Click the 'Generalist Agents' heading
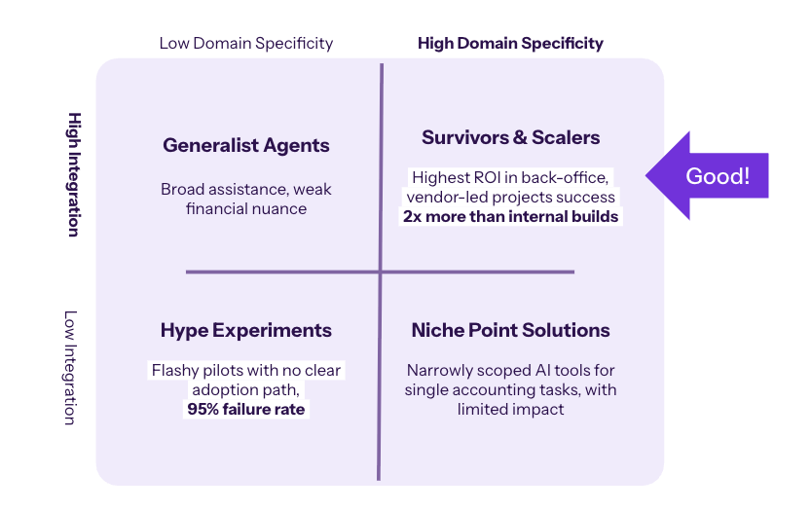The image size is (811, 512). (x=246, y=146)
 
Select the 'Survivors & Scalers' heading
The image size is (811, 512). (x=510, y=137)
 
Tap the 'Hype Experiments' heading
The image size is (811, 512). (x=246, y=331)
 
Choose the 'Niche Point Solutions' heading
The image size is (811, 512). (x=510, y=330)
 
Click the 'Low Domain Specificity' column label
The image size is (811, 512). (x=246, y=43)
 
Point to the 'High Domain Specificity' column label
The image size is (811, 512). (x=510, y=43)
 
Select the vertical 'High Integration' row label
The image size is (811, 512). (x=73, y=173)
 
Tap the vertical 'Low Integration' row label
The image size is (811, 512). (x=70, y=367)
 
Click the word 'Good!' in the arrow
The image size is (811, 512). (x=718, y=176)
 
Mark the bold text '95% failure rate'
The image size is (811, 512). (x=246, y=410)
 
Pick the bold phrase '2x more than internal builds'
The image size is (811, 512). (x=511, y=216)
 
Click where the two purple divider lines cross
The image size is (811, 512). (x=381, y=272)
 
